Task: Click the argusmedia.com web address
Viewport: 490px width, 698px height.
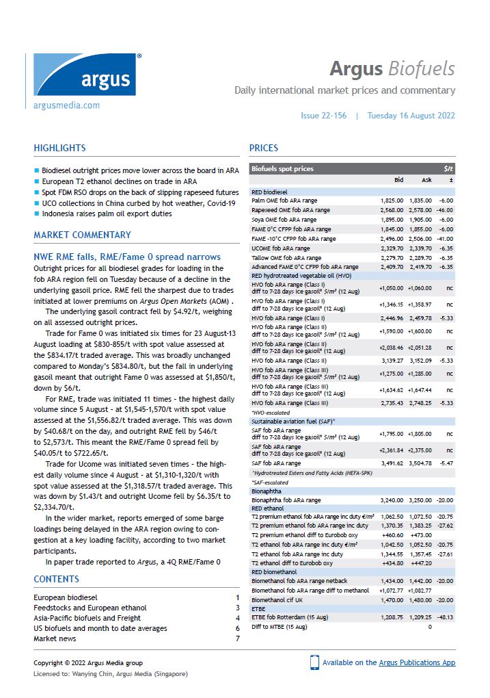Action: pos(66,105)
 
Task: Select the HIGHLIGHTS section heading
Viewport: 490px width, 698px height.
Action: pos(59,148)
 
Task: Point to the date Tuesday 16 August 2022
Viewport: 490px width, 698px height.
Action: pos(411,116)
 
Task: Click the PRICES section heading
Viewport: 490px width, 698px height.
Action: pos(264,148)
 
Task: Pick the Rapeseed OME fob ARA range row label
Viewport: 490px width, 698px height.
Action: pos(290,210)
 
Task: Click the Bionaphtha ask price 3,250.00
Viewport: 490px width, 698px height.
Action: pos(420,500)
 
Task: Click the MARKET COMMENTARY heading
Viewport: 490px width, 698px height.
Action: pos(82,235)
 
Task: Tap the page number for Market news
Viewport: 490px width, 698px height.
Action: pos(237,638)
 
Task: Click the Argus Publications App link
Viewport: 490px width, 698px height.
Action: pos(418,662)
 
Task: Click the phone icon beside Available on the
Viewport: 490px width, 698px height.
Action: pos(314,662)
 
